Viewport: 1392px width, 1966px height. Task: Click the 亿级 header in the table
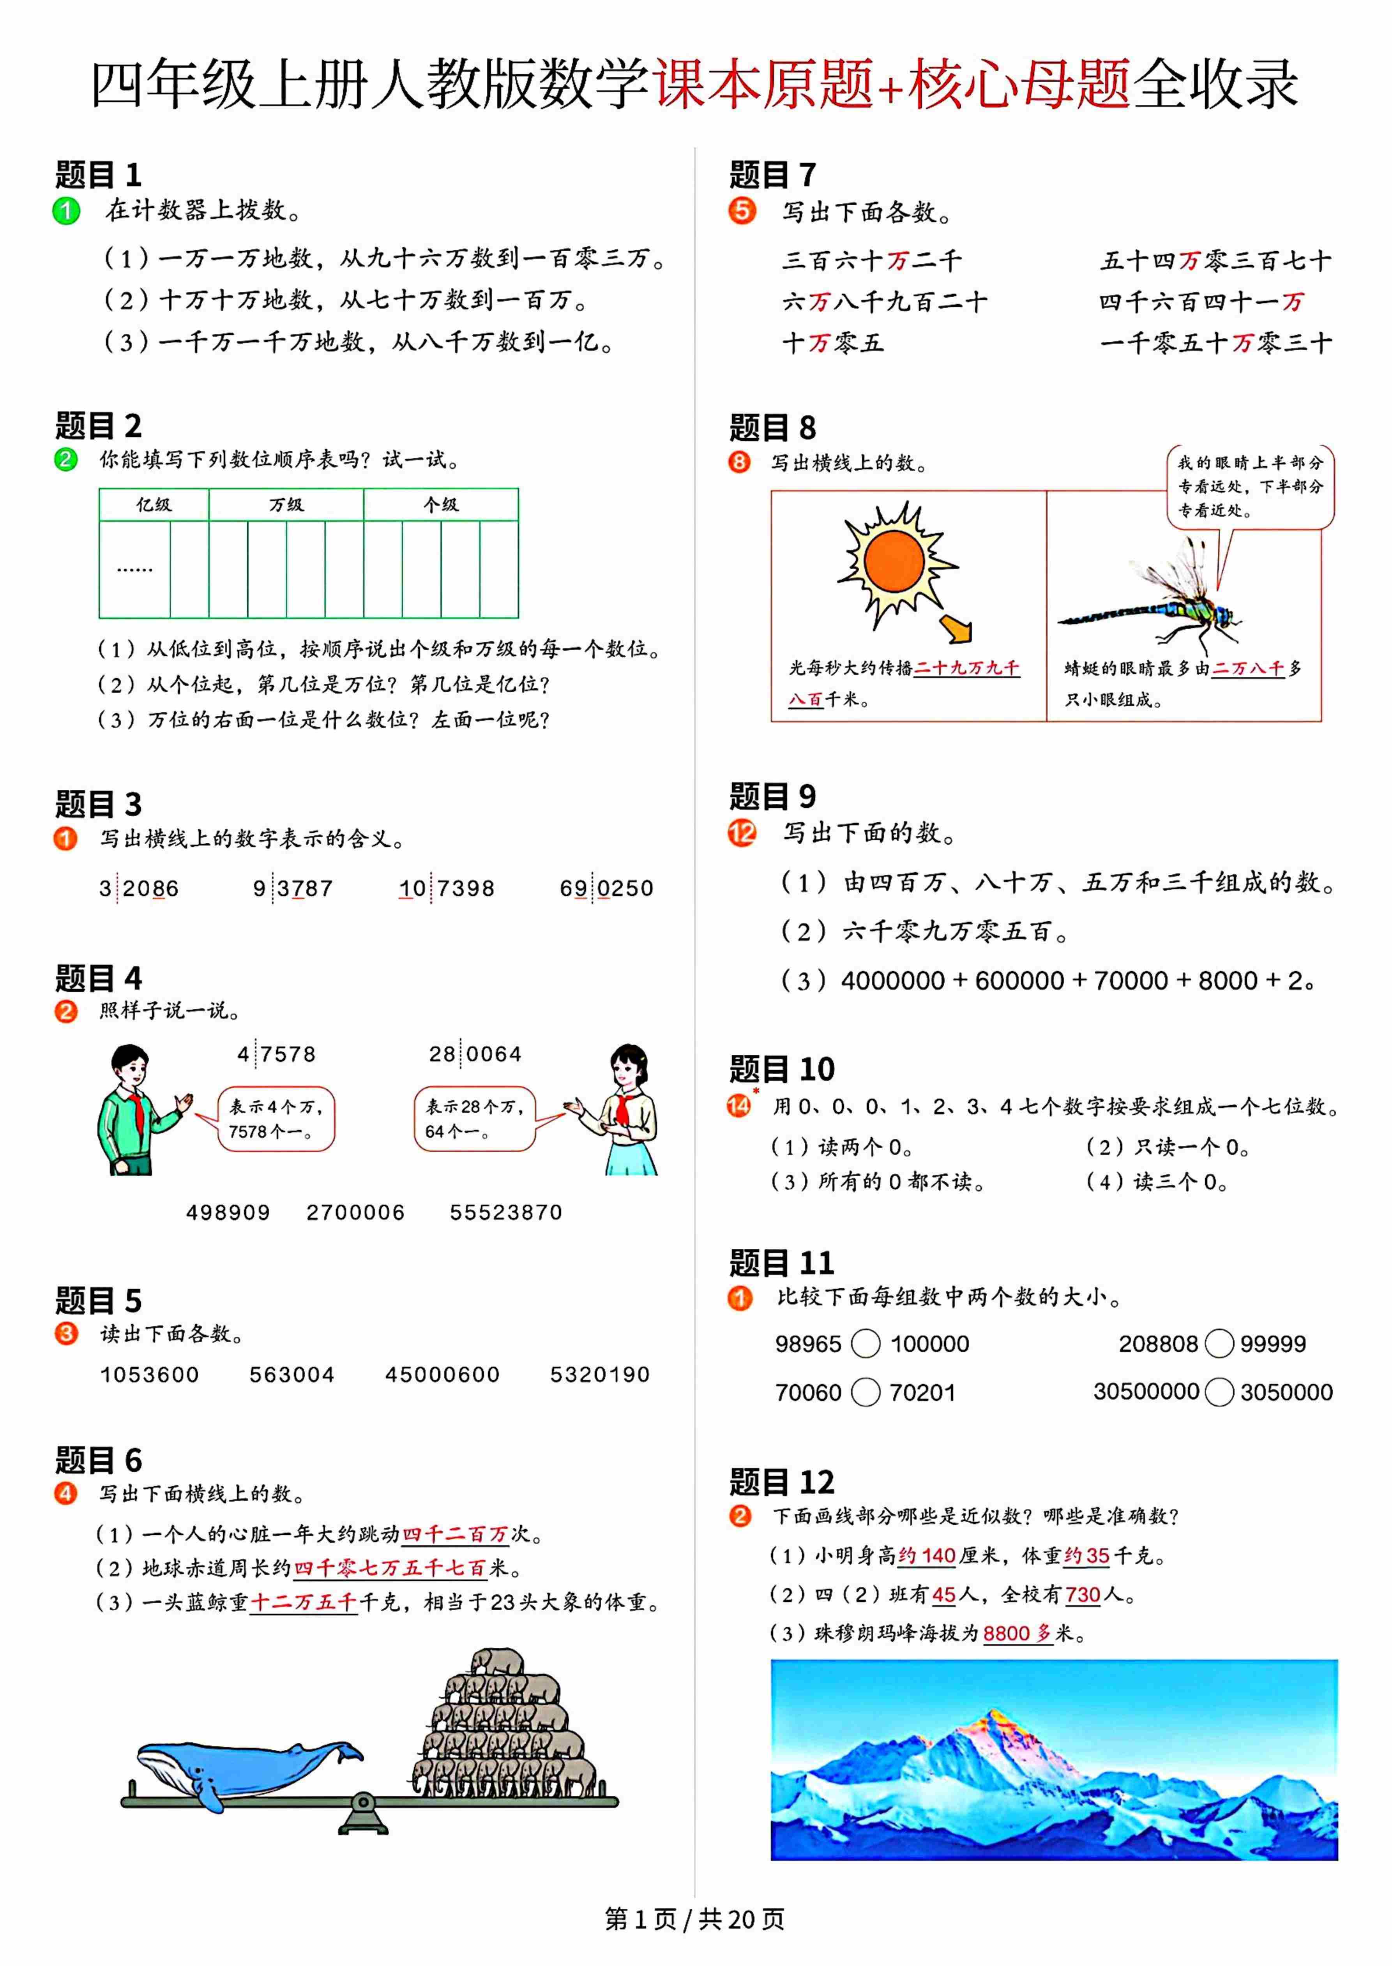coord(154,505)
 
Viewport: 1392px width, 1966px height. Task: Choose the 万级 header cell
coord(286,505)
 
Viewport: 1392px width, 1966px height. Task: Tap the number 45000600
coord(442,1375)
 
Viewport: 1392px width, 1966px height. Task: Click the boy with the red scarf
coord(137,1110)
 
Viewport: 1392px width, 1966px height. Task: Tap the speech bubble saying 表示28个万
coord(474,1119)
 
